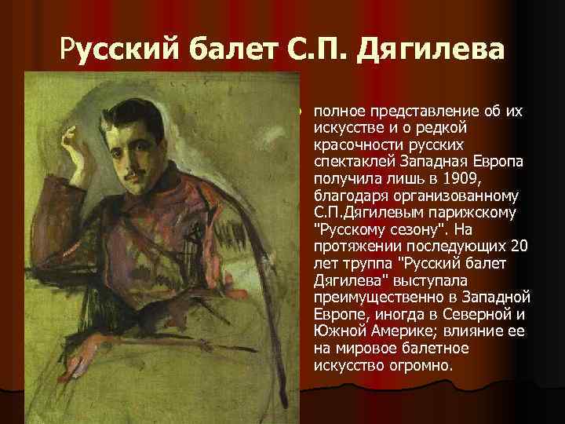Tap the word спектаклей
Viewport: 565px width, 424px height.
point(351,161)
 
